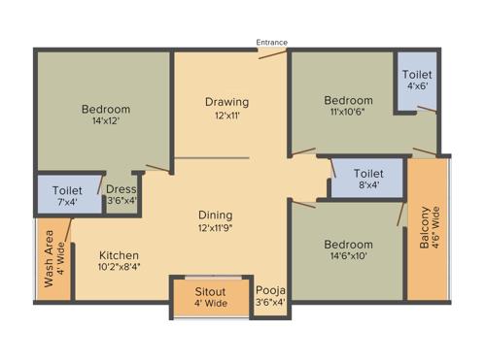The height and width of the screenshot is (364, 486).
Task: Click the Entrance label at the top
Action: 271,42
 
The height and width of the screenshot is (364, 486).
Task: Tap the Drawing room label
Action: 226,102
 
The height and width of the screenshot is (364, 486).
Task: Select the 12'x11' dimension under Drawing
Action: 226,116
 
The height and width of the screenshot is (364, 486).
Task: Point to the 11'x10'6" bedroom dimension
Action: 348,115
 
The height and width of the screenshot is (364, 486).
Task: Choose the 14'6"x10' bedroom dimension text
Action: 348,258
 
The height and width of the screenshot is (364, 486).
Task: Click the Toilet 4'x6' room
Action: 418,81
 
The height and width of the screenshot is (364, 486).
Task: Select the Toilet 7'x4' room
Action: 68,195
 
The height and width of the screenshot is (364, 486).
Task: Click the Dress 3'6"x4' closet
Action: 121,195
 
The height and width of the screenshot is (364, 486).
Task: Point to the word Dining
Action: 216,215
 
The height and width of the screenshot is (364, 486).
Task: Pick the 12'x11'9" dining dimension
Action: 216,229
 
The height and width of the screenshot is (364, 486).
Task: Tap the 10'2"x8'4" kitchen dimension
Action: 119,266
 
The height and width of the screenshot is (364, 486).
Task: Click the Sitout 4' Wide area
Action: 210,295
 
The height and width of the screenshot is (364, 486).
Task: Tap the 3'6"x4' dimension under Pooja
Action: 269,302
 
